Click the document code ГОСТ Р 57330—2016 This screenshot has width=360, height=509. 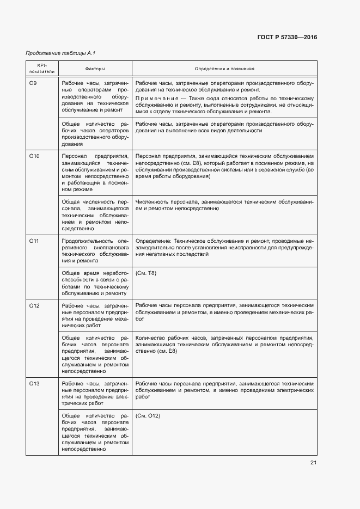point(286,37)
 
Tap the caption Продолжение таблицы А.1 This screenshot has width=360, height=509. point(57,53)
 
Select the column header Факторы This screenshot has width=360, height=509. point(95,69)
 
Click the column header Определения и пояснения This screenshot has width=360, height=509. point(224,69)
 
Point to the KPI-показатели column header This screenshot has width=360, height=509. point(42,69)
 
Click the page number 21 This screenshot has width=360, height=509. point(313,463)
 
